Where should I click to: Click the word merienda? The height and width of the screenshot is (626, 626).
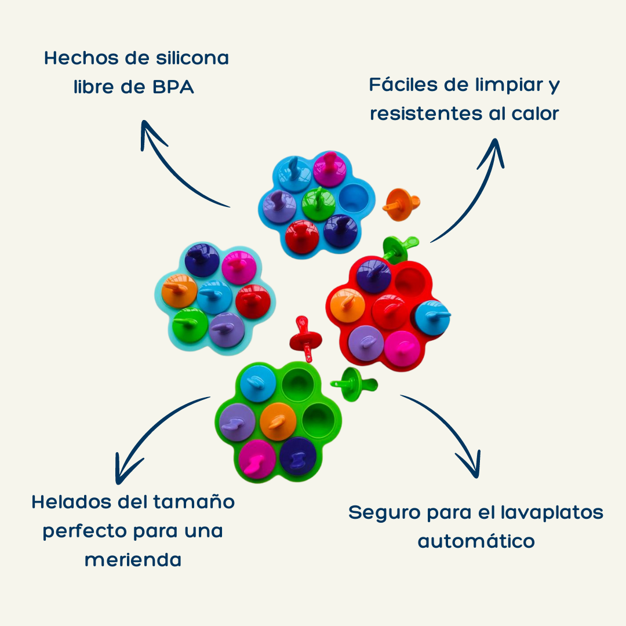[133, 560]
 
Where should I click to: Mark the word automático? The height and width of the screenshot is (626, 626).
[476, 541]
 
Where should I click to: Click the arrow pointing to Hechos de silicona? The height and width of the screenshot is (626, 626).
[174, 168]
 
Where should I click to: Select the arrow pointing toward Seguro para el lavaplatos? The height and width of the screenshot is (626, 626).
[452, 429]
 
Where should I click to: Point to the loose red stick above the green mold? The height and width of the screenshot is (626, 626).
[304, 336]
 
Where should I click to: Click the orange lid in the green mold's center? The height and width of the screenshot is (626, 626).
[278, 420]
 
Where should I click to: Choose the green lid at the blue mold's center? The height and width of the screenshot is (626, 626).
[318, 203]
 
